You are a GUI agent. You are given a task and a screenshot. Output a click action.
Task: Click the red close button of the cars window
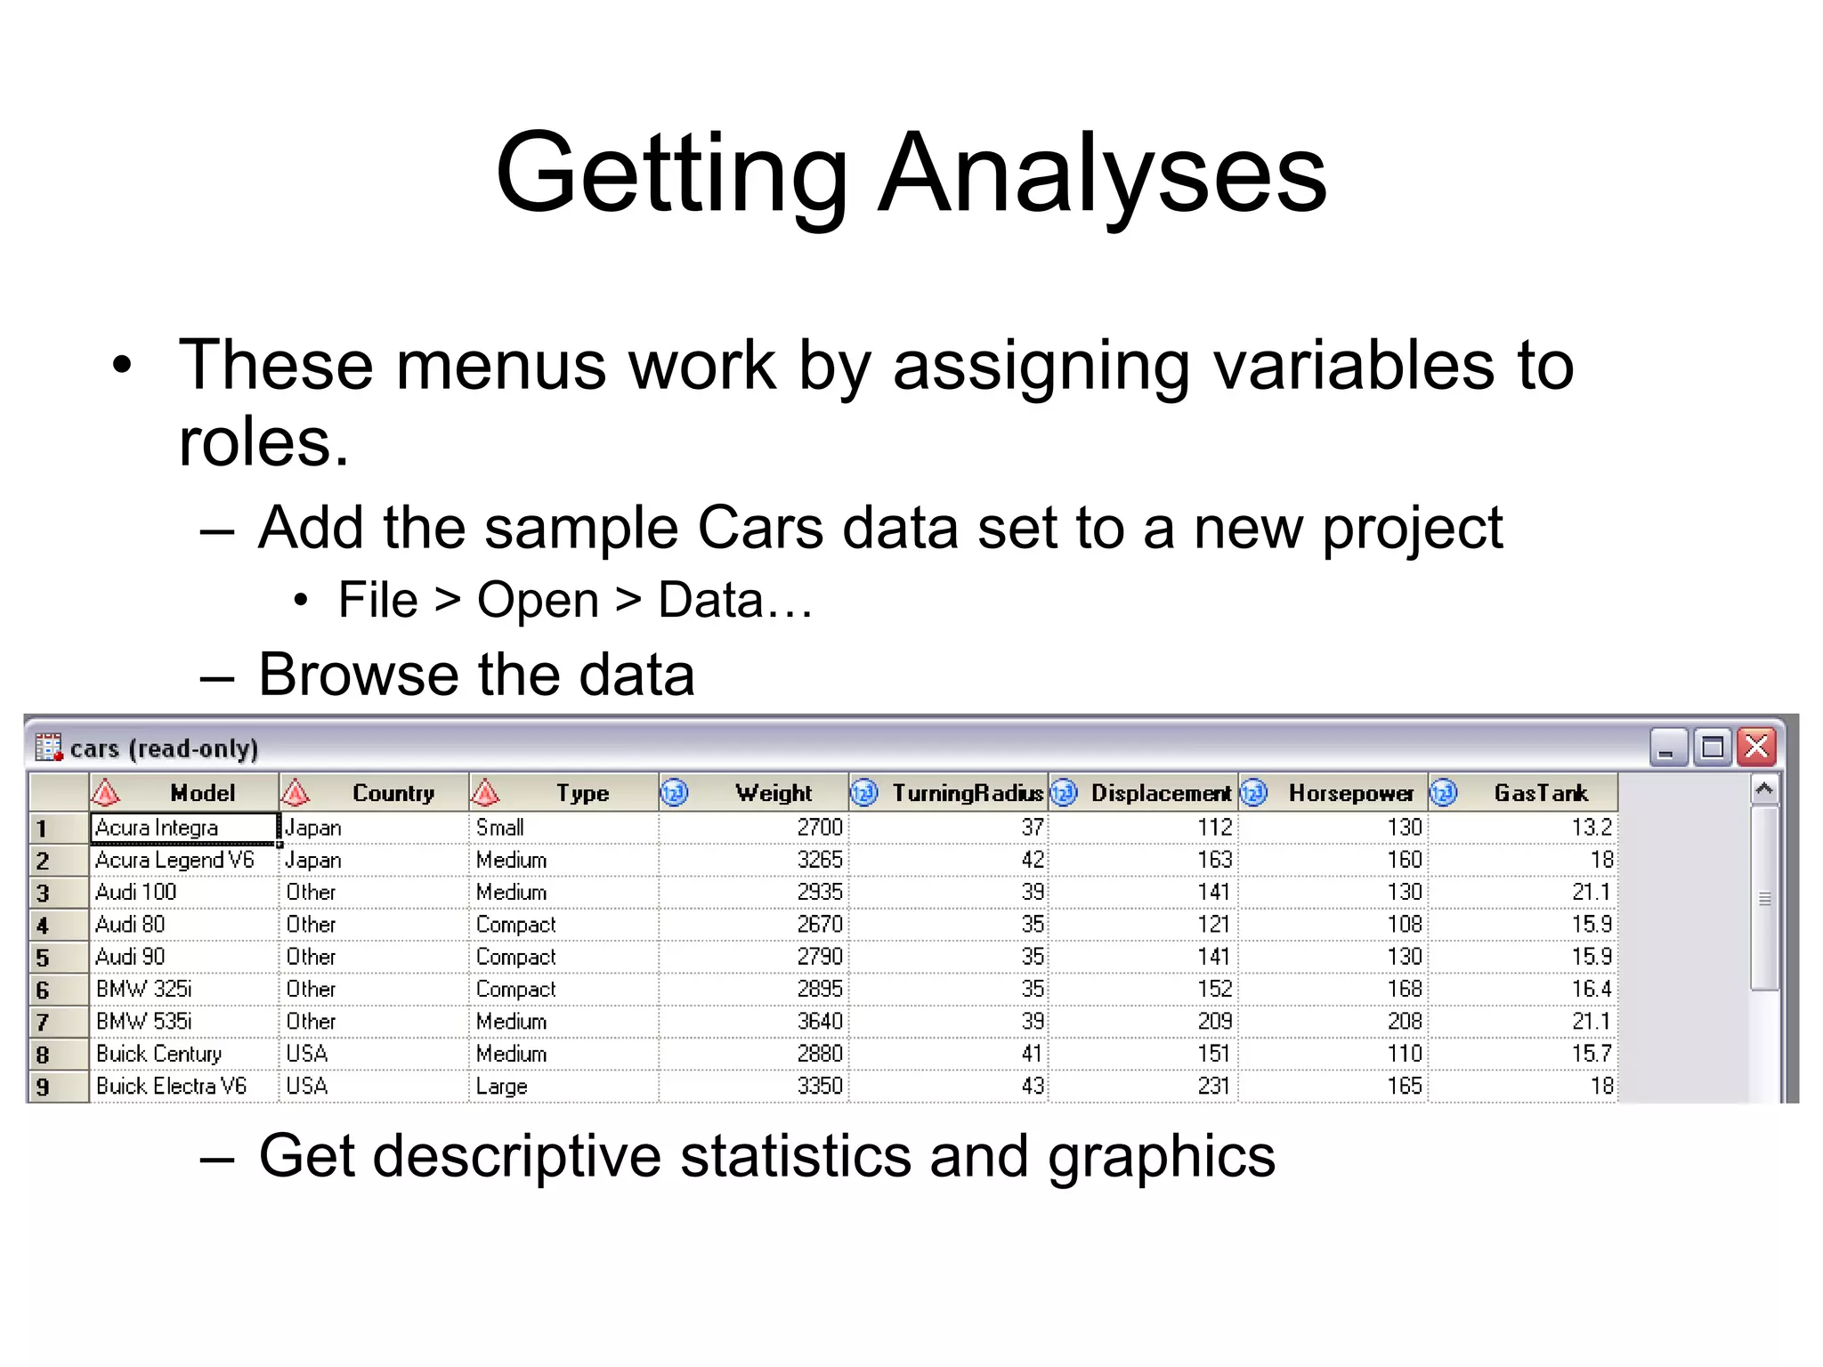pos(1757,747)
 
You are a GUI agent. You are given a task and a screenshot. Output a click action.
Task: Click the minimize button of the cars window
pos(1668,747)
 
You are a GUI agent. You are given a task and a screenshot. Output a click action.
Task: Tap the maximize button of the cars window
pos(1713,747)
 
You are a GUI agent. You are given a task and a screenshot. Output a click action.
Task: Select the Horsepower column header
pos(1349,793)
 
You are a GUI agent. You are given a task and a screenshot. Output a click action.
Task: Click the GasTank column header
pos(1540,793)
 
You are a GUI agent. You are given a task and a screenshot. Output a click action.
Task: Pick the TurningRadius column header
pos(967,793)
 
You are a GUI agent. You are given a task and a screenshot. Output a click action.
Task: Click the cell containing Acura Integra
pos(157,828)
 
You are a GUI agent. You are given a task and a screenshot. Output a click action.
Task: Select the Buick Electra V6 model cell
pos(171,1086)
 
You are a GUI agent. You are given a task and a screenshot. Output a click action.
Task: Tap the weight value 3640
pos(819,1021)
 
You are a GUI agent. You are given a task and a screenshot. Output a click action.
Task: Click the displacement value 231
pos(1213,1086)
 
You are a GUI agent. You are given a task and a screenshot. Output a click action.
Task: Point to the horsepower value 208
pos(1404,1021)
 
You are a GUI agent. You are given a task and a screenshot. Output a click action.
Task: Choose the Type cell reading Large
pos(502,1087)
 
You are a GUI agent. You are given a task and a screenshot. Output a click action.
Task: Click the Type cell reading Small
pos(500,828)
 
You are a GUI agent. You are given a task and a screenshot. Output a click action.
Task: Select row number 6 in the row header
pos(43,990)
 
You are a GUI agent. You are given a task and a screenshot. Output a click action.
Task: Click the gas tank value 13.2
pos(1592,828)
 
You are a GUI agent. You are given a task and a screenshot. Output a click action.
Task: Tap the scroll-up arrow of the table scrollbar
pos(1763,789)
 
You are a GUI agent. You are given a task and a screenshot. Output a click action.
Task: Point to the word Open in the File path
pos(538,600)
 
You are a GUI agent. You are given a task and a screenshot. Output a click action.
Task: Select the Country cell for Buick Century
pos(307,1054)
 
